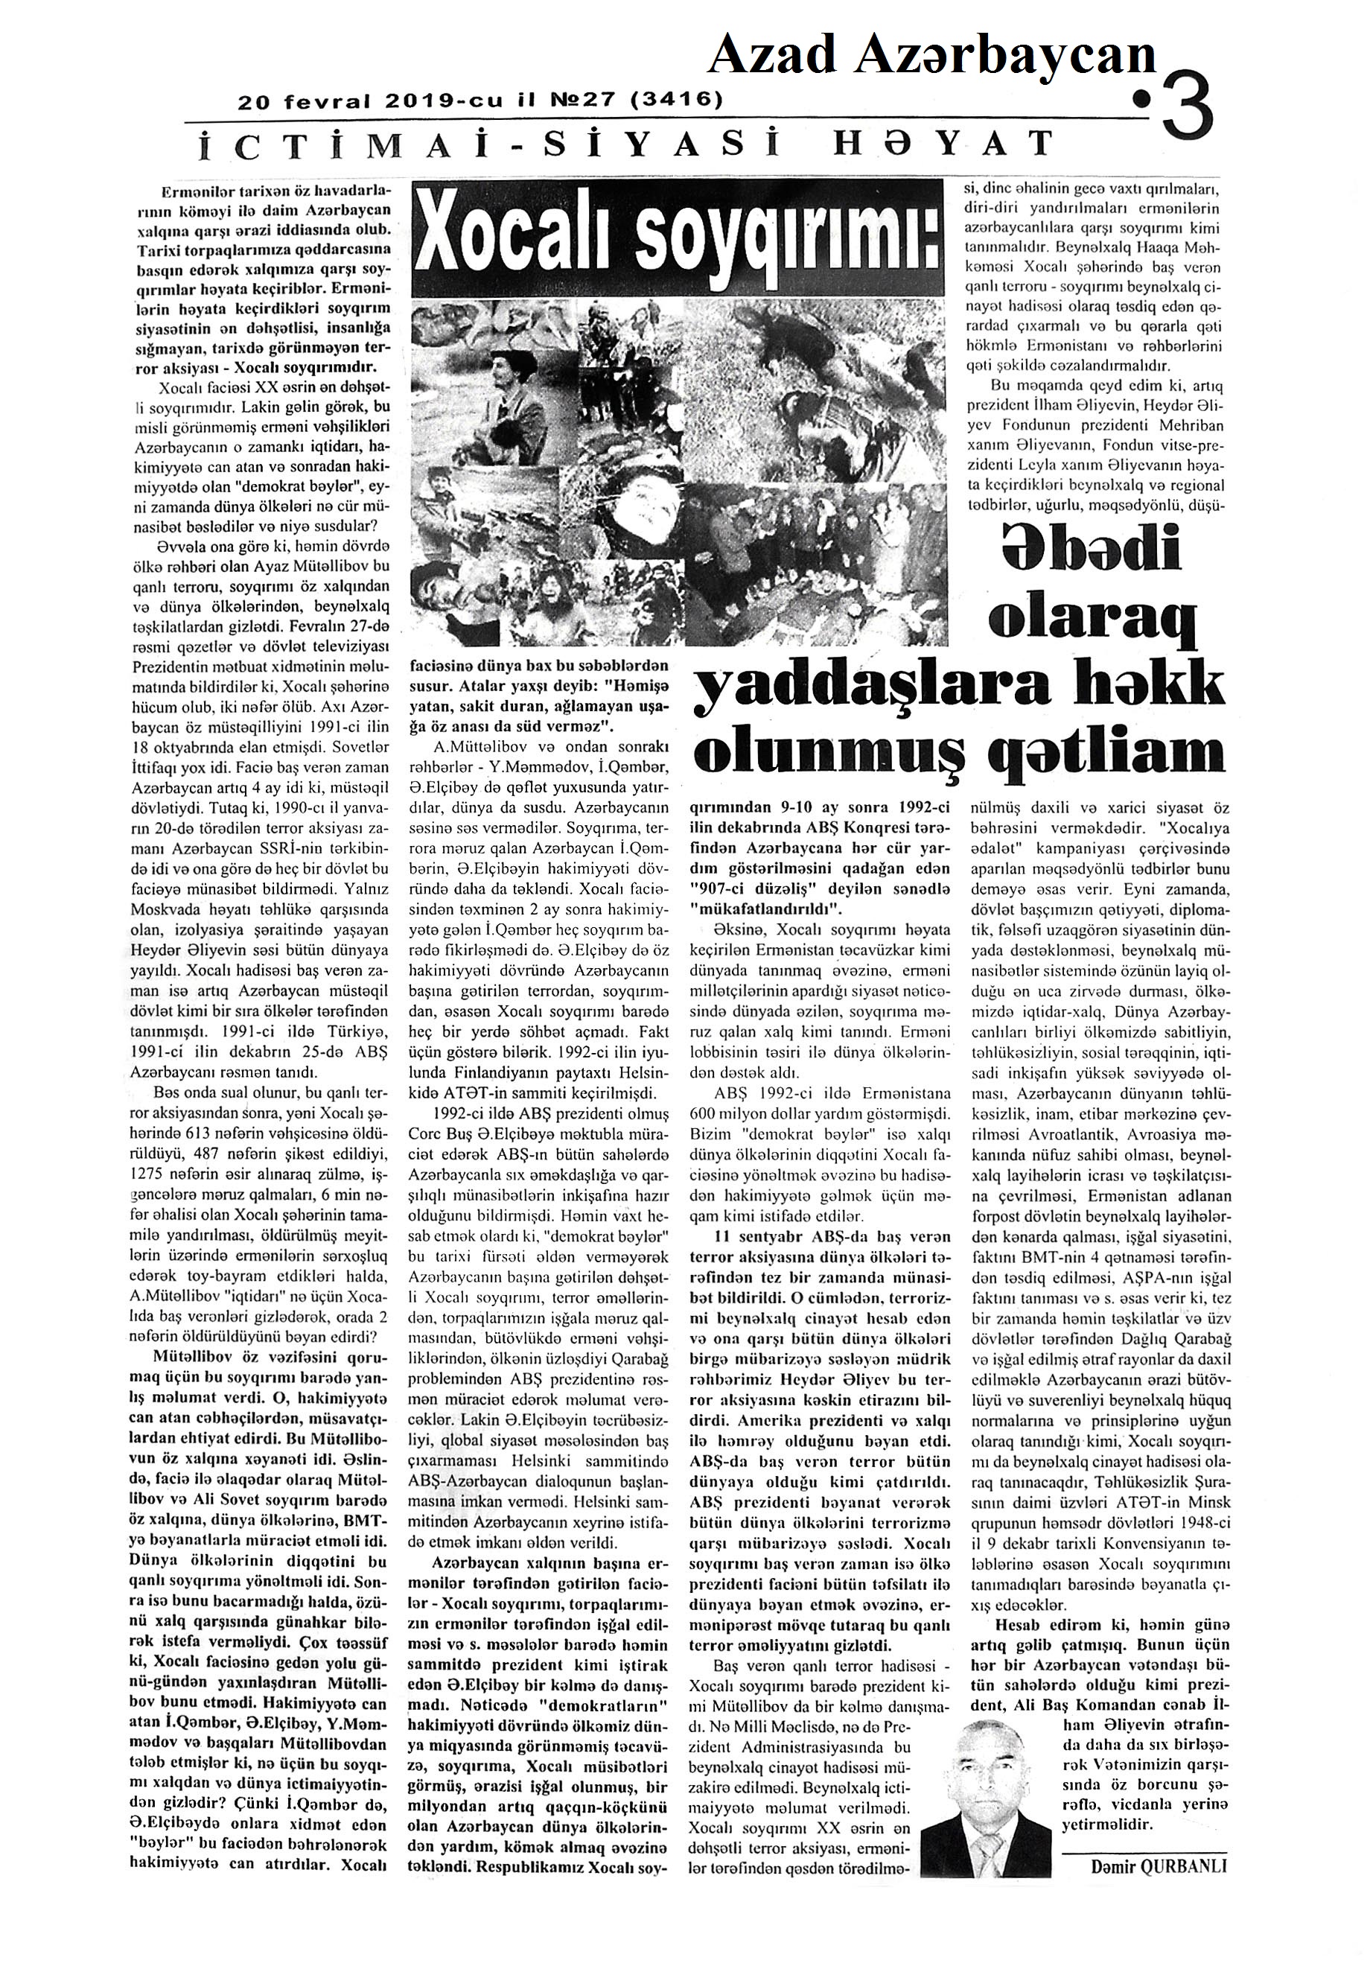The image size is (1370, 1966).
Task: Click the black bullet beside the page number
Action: [1141, 102]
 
